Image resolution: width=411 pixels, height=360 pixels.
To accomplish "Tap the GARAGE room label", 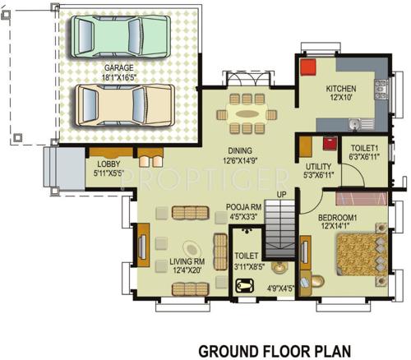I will tap(119, 68).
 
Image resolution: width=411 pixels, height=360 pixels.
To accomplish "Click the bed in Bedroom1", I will tap(359, 256).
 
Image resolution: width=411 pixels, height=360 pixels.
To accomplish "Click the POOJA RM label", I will tap(244, 208).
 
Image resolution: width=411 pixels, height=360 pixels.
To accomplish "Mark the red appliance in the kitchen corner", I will tap(307, 68).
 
